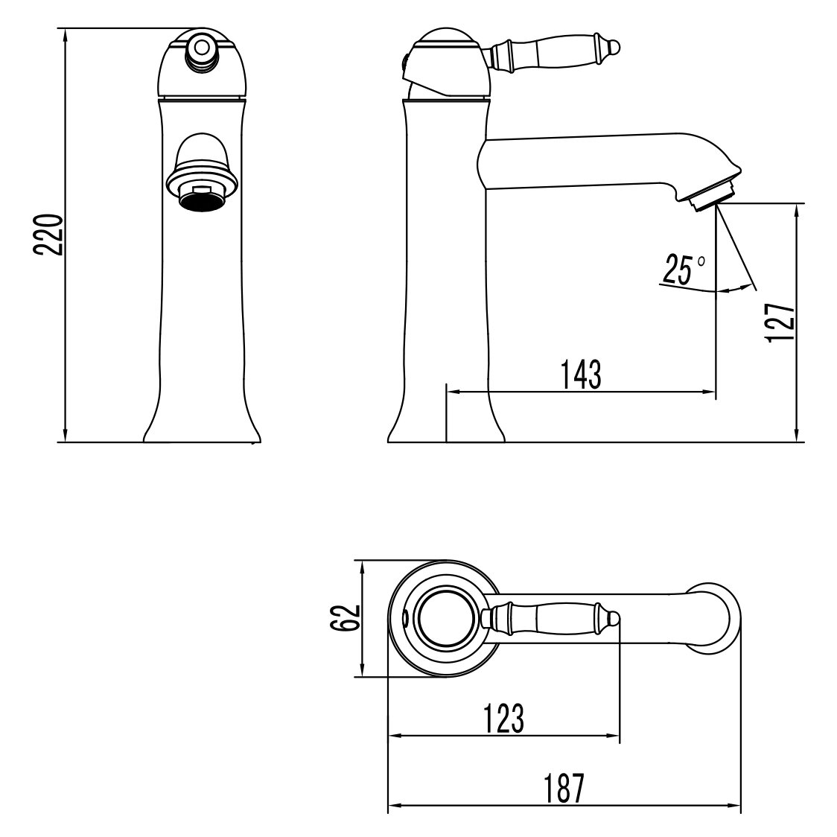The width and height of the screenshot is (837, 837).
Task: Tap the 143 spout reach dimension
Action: [x=582, y=374]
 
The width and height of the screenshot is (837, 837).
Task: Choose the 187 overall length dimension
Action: [x=563, y=789]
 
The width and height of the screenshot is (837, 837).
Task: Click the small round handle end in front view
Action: [x=202, y=47]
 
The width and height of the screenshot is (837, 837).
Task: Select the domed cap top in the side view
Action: [x=445, y=37]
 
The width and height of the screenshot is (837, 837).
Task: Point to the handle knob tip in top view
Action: [x=615, y=617]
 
